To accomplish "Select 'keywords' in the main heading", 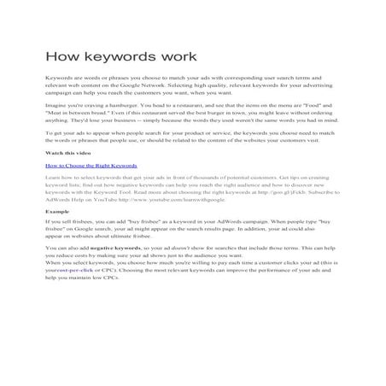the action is click(x=122, y=57).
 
